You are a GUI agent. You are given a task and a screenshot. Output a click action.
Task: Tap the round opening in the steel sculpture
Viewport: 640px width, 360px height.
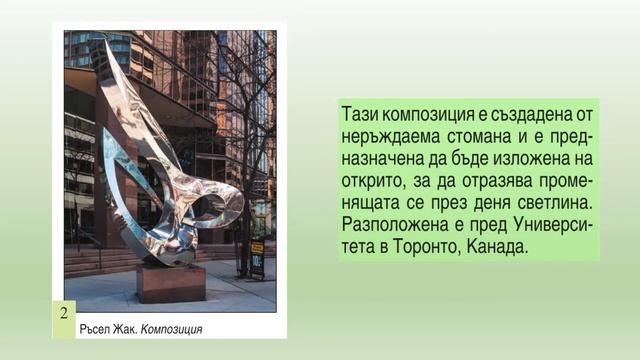coord(211,209)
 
